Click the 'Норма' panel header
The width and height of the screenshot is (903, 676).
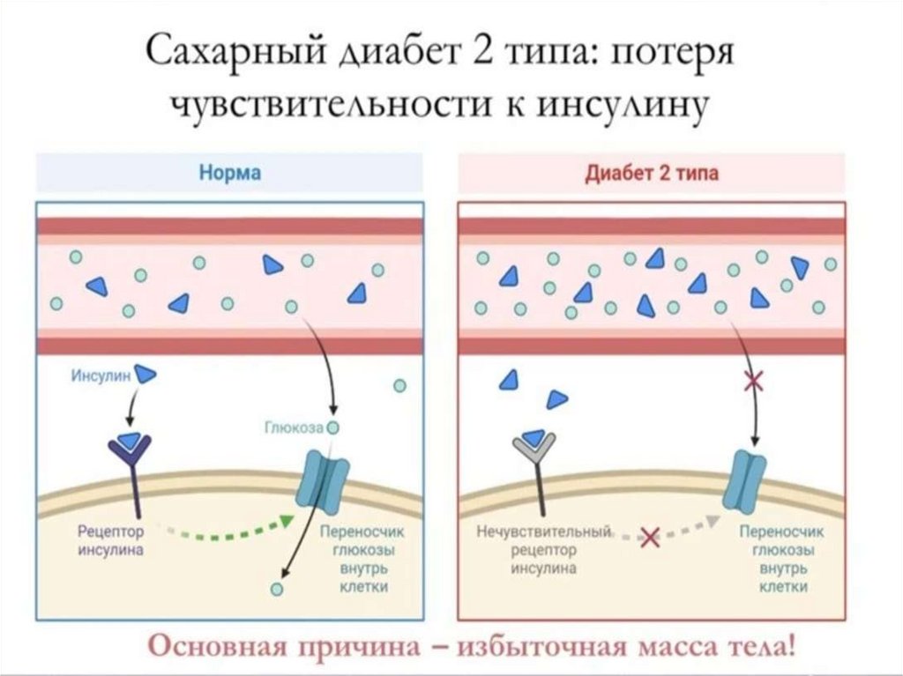228,172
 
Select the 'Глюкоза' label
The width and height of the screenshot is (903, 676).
294,428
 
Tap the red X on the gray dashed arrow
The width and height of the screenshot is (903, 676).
650,535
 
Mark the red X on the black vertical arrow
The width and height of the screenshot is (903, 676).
754,382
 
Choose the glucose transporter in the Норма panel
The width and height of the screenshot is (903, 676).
324,482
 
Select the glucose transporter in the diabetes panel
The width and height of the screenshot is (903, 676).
746,480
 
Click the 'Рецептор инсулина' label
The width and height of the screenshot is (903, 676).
110,540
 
